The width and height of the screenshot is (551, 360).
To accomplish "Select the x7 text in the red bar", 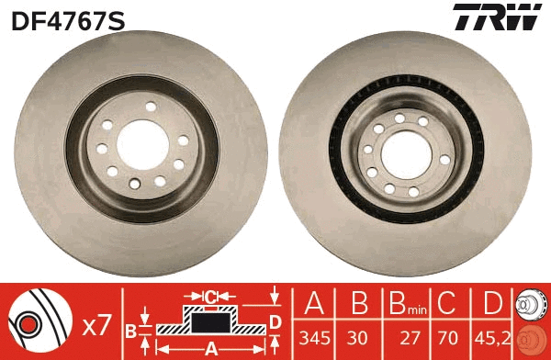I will [x=96, y=324].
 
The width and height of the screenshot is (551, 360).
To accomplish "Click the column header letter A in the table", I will [x=314, y=306].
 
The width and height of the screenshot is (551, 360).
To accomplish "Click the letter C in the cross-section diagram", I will [x=210, y=297].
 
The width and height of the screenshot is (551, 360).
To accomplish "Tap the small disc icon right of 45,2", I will [x=533, y=321].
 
